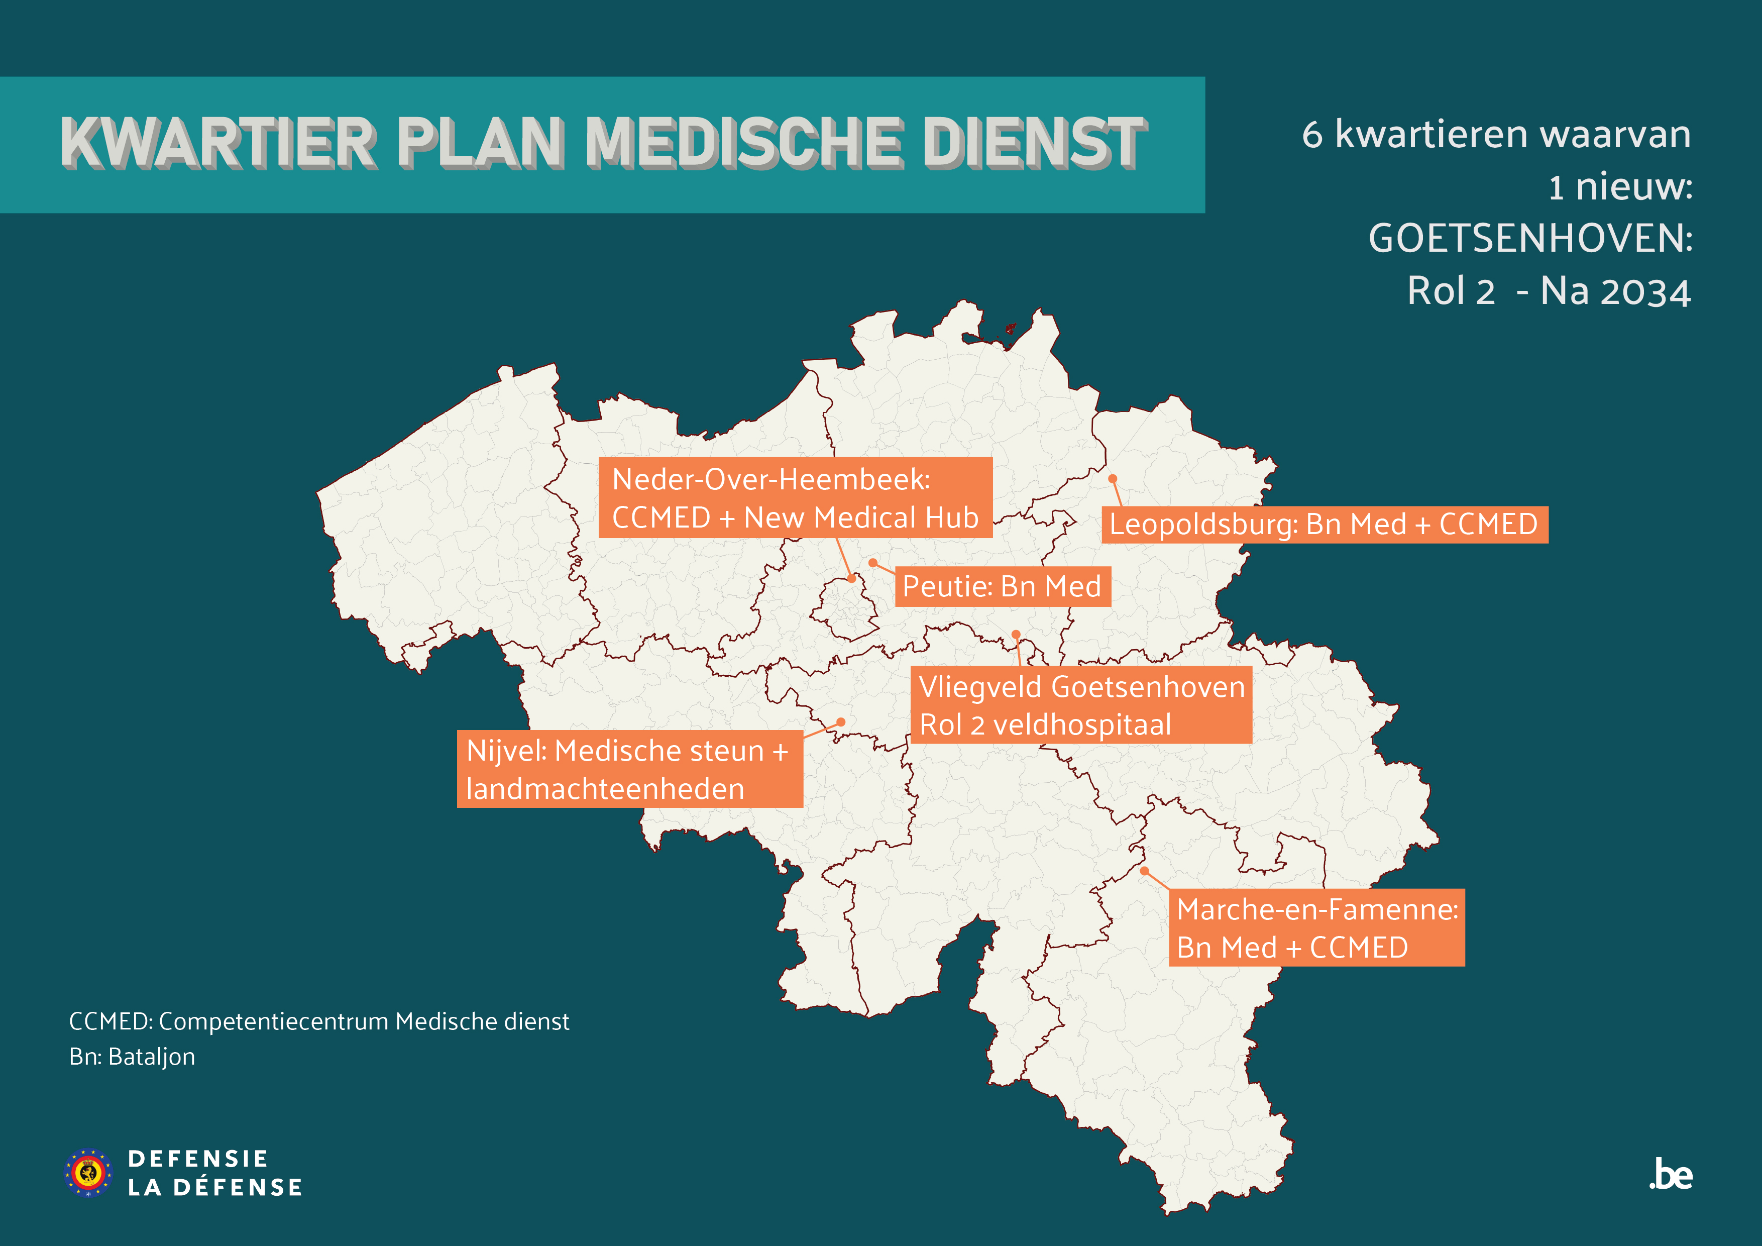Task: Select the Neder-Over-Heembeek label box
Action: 795,497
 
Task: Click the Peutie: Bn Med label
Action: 1002,586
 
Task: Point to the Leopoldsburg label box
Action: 1324,525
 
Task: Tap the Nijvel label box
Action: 629,769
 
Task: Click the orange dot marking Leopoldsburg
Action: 1112,479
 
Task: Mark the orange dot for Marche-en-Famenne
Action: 1144,871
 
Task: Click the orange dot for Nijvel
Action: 841,722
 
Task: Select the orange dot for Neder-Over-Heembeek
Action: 851,579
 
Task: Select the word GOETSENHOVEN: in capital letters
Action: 1530,239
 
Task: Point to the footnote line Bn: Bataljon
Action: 132,1057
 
